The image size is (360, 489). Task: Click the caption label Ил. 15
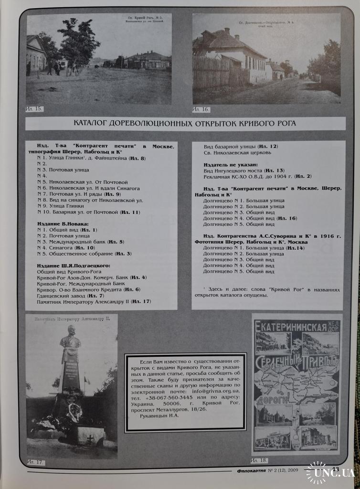pos(34,109)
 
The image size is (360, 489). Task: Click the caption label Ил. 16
pos(201,109)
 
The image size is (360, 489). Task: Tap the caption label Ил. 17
pos(35,462)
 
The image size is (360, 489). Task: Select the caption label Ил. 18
pos(259,460)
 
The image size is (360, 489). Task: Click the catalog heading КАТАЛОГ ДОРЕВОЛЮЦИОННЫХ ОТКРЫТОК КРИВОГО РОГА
pos(185,123)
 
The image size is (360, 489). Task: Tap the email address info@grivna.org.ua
pos(221,390)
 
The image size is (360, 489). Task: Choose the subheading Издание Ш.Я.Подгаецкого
pos(74,265)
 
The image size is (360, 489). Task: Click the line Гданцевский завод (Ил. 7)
pos(67,296)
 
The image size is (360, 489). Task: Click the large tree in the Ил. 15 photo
pos(80,43)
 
